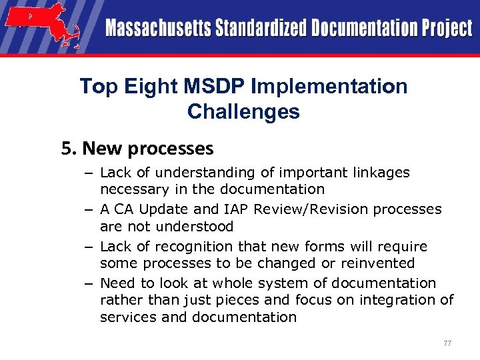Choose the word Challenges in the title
click(x=243, y=111)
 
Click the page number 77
click(x=447, y=343)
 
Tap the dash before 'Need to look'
click(x=88, y=283)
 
